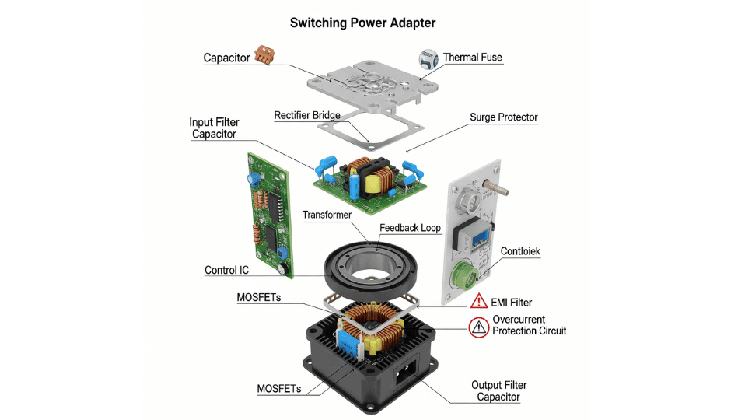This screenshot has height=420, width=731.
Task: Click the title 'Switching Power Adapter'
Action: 362,23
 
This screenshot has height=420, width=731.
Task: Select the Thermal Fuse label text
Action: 472,57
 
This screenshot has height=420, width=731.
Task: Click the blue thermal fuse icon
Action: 428,58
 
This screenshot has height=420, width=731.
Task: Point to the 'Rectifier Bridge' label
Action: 306,116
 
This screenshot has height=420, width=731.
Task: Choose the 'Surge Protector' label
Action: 503,117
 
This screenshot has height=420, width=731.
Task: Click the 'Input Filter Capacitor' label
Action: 214,128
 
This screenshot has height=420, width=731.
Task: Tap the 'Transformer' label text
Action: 327,215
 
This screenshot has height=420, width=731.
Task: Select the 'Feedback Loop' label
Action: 410,228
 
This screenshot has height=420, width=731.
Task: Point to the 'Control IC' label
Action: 226,271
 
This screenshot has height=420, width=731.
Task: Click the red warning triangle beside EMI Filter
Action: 477,302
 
